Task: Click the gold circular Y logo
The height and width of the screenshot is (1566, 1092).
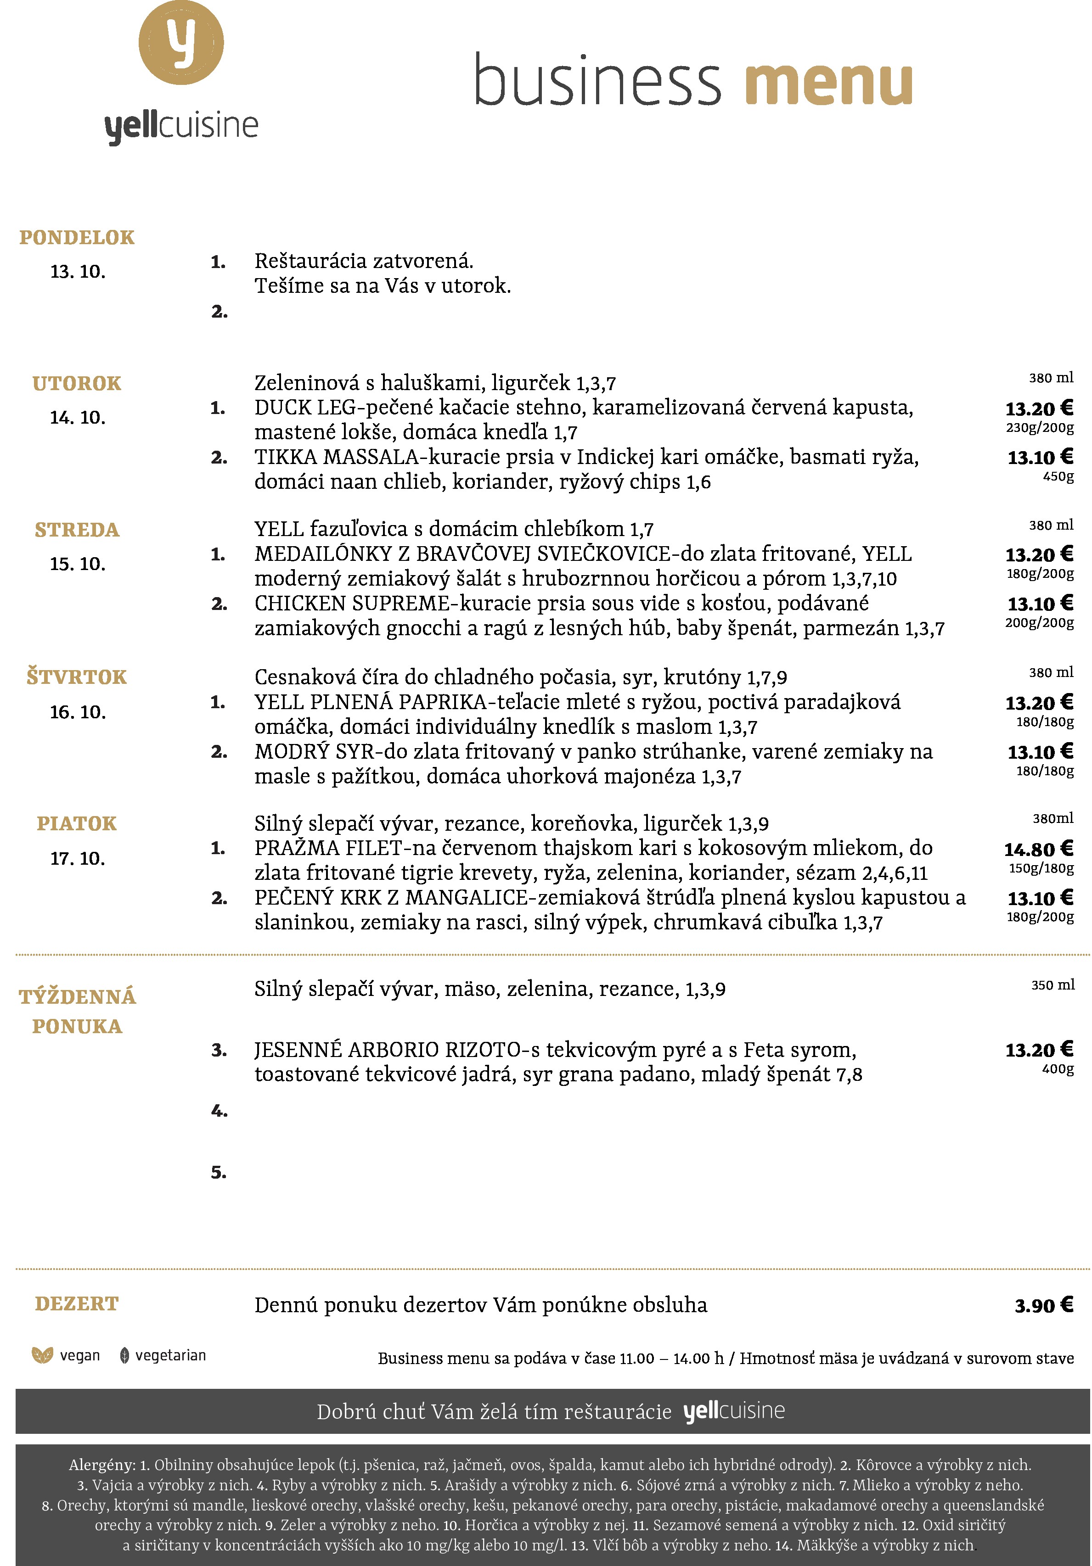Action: point(181,42)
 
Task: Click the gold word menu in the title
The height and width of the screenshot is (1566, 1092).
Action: point(828,84)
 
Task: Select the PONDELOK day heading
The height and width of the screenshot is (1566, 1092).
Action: point(77,237)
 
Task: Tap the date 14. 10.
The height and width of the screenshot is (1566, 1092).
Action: point(78,417)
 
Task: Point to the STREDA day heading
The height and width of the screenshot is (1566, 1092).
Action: point(77,530)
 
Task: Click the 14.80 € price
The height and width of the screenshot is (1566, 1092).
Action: point(1038,849)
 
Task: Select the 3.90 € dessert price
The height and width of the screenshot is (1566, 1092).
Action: point(1043,1305)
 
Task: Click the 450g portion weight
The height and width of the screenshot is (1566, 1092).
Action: point(1058,476)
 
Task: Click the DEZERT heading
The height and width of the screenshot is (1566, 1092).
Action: point(77,1304)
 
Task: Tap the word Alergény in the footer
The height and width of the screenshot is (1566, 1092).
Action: point(101,1465)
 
